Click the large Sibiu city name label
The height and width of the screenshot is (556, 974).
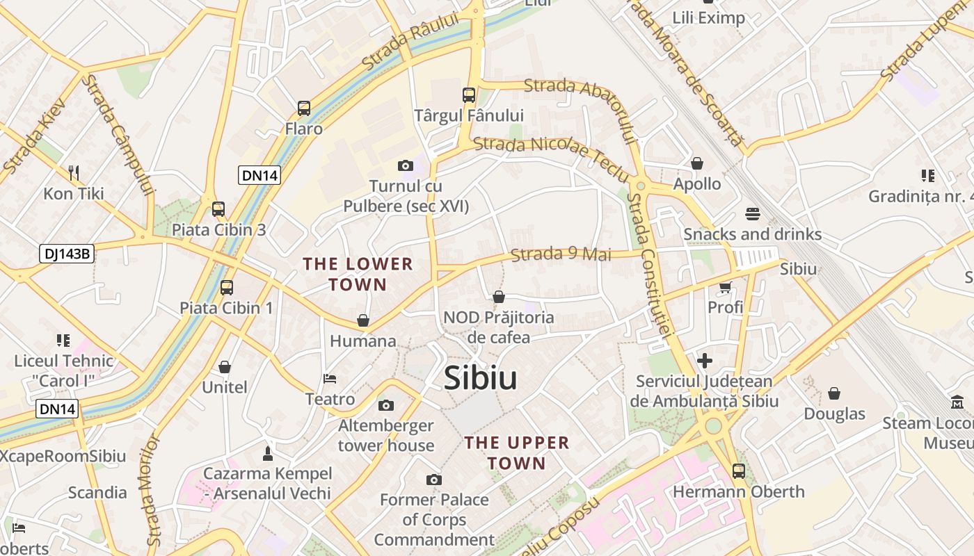(480, 379)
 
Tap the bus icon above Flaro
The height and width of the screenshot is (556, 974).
(304, 108)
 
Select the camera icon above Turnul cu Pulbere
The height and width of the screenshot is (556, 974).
(405, 165)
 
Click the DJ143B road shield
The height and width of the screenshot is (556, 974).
(66, 254)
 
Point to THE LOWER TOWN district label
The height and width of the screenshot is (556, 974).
(358, 274)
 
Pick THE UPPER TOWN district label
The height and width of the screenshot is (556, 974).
(516, 452)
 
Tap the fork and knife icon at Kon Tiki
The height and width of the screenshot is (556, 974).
(74, 172)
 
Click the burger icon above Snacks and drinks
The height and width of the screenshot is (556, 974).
(752, 213)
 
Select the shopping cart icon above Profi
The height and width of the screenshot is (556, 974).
(725, 286)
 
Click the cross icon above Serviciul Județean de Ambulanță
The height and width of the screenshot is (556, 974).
(705, 361)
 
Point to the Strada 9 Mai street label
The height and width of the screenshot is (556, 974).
(561, 254)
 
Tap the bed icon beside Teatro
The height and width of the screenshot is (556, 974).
(330, 379)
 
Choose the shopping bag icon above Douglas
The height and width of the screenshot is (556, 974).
(834, 393)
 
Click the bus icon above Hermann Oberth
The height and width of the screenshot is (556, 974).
(738, 471)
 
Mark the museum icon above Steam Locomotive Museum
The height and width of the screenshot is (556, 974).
(957, 402)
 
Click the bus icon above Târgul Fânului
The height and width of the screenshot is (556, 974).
(469, 95)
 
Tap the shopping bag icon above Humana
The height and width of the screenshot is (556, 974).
(362, 320)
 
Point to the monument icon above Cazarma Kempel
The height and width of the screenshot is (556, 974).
(267, 453)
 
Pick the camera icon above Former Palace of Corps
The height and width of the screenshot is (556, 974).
(434, 480)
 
